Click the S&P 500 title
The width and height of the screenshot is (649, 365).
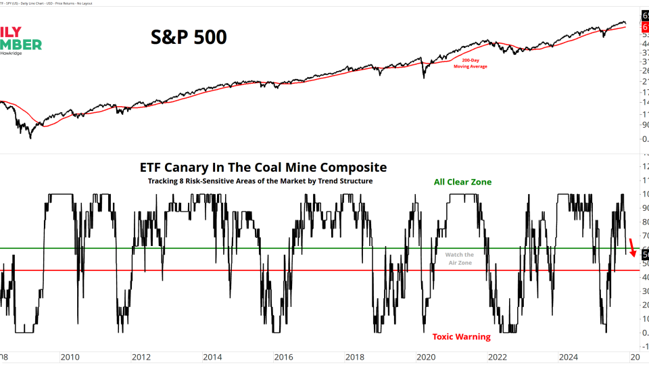[x=188, y=36]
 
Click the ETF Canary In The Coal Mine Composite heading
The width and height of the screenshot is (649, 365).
[x=263, y=167]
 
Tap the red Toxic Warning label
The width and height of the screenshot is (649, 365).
[x=461, y=337]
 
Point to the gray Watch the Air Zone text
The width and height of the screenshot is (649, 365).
[x=459, y=258]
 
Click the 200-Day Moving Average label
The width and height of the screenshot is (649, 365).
[x=470, y=64]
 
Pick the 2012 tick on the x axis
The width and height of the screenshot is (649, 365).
[x=141, y=357]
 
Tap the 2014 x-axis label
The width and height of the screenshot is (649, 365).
[x=212, y=357]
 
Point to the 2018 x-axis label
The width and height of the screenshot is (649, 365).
[x=354, y=357]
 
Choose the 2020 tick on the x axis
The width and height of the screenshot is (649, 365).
[x=425, y=357]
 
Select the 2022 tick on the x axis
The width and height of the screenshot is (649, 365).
[x=496, y=357]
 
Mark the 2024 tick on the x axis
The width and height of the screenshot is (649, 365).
[x=567, y=357]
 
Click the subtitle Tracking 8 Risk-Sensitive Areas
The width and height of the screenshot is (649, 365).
[x=260, y=181]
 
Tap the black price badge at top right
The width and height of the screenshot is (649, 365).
[x=644, y=16]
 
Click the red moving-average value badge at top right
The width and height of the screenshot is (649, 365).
[x=644, y=26]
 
